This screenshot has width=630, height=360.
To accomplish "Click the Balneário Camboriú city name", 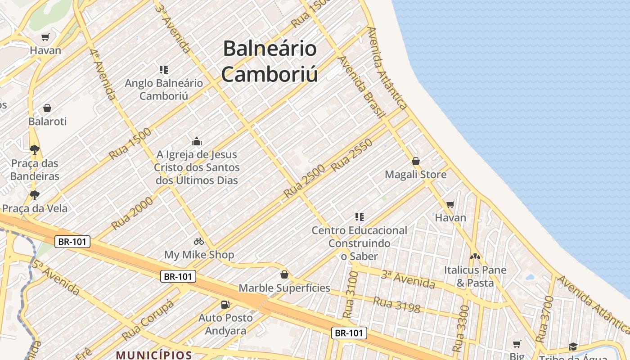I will click(x=270, y=61).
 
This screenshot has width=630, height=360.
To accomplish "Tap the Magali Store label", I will click(x=416, y=175).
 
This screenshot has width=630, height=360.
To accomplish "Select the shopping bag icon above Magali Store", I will click(x=416, y=161).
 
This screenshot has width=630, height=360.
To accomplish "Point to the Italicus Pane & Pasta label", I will click(x=475, y=276).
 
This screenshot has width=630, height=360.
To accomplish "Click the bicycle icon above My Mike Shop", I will click(x=199, y=242).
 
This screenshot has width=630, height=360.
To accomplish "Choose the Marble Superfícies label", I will click(x=284, y=288).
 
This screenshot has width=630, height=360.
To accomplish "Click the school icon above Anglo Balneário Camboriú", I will click(x=164, y=70).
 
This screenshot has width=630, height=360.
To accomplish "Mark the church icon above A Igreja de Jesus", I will click(x=197, y=142).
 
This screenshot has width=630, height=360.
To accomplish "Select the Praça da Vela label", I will click(x=35, y=208).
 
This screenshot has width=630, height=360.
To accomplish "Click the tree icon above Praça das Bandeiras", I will click(x=35, y=149).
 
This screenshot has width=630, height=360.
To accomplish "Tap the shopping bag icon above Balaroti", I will click(x=47, y=108).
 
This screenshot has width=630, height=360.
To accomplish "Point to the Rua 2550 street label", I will click(x=352, y=155).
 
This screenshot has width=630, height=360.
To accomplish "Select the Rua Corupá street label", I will click(x=148, y=321).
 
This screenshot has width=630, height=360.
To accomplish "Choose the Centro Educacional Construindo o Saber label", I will click(x=359, y=243).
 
